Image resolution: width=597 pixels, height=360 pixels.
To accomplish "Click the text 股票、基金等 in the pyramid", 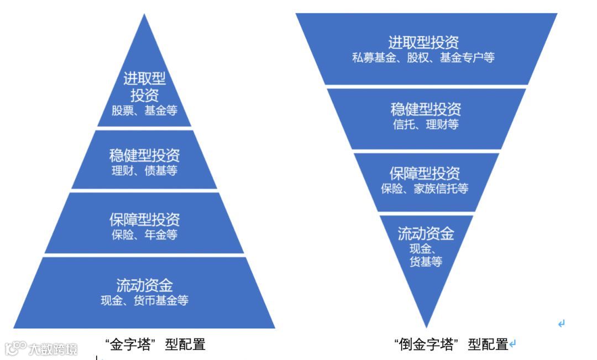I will pos(144,111).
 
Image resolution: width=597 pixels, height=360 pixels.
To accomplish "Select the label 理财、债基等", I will pos(144,170).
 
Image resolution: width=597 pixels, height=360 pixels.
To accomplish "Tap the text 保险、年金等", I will pos(144,234).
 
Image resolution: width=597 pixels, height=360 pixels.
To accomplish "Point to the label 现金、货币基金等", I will pos(144,301).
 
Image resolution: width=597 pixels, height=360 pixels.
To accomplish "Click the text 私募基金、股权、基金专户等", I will pos(423,58).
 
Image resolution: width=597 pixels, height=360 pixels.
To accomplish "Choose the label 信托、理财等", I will pos(426,124).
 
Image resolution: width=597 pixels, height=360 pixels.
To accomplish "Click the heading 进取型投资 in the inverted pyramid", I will pos(423,43).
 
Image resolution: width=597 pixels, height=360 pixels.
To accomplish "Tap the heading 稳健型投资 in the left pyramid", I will pos(144,155).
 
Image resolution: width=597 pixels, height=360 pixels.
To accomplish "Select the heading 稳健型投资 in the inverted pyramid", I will pos(426,109).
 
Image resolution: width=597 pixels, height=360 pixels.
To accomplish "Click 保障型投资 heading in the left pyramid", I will pos(144,220).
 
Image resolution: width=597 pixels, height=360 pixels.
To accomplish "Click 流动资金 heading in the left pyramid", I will pos(144,285).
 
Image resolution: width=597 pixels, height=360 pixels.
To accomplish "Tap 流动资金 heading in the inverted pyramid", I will pos(426,233).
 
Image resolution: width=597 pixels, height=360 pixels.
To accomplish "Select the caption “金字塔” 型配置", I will pos(155,345).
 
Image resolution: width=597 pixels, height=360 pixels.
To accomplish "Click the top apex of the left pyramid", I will pos(144,16).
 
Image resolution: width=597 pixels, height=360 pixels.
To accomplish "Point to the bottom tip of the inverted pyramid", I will pos(426,325).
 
